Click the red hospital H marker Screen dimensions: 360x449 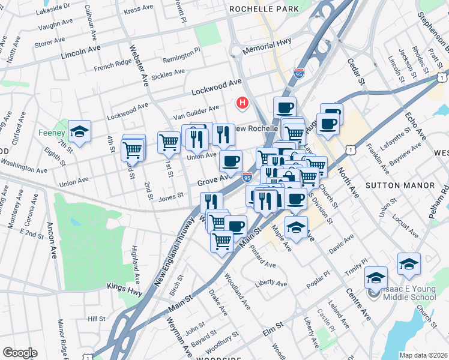(x=243, y=103)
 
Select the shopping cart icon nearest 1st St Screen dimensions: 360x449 (x=169, y=142)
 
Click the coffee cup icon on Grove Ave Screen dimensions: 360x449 (x=231, y=161)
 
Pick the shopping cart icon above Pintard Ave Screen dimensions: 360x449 (x=221, y=241)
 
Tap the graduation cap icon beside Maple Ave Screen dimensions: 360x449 (x=296, y=227)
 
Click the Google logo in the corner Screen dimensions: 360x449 (x=19, y=352)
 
